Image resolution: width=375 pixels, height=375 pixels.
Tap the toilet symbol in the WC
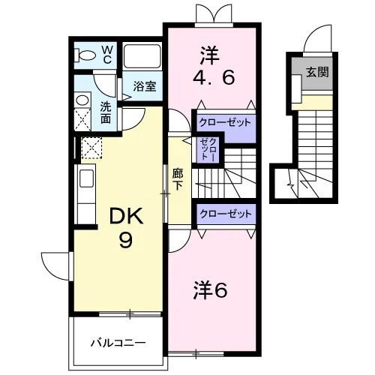click(85, 55)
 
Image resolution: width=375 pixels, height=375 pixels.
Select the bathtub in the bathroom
click(142, 56)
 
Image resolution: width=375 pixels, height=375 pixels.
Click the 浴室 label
click(145, 86)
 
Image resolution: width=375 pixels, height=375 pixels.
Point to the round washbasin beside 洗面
click(82, 100)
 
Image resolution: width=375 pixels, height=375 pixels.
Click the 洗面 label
click(106, 113)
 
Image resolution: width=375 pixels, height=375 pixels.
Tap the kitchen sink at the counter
click(86, 178)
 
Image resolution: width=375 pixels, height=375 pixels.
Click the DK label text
click(126, 216)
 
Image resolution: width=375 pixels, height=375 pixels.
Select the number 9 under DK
click(125, 240)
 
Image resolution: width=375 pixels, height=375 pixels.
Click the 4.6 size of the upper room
click(214, 77)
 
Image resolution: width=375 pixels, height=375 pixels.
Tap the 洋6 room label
click(210, 290)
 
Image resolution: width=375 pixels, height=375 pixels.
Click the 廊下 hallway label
click(178, 179)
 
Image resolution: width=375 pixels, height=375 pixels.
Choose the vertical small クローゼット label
click(208, 148)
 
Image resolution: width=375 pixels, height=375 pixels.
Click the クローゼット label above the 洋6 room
click(226, 214)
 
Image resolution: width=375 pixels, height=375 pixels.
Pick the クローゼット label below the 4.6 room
click(224, 123)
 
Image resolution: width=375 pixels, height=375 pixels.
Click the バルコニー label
click(118, 343)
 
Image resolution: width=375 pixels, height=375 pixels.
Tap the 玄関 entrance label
click(317, 72)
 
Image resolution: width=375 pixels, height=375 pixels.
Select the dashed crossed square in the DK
click(91, 148)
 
